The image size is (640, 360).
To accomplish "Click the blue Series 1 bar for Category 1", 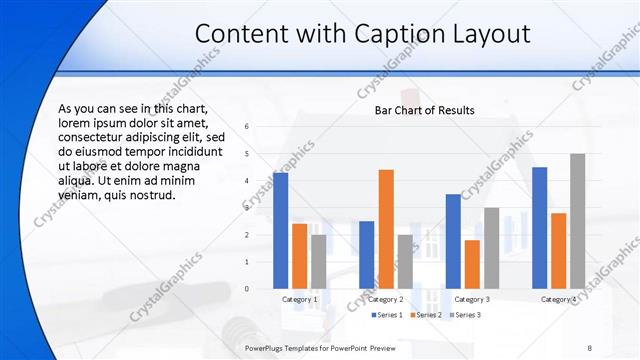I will click(280, 231).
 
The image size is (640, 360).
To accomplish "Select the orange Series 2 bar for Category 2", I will click(386, 229).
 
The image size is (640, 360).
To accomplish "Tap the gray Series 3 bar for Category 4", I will click(577, 221).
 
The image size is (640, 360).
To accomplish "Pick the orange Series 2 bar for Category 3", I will click(472, 264).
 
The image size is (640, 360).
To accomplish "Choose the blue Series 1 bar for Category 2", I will click(367, 255).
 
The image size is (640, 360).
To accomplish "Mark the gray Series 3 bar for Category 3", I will click(491, 248).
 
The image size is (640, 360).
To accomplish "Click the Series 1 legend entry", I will click(387, 315).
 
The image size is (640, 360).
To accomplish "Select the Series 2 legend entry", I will click(426, 315).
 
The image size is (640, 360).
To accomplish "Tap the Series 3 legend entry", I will click(465, 315).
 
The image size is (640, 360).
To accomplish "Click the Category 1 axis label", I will click(300, 299).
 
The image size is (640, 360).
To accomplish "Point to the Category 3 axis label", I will click(472, 299).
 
